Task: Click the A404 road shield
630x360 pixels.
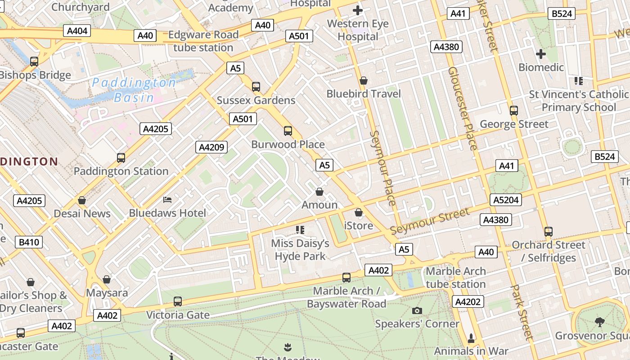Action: pos(77,31)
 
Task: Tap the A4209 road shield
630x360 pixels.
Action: pos(211,147)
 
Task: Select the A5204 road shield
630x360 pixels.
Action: pos(506,200)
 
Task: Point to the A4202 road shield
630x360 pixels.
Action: pos(468,301)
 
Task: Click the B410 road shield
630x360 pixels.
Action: pos(29,242)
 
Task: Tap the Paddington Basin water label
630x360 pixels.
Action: pos(134,90)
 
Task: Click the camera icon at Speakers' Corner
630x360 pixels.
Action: pos(417,310)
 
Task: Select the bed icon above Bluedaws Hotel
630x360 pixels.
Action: pos(167,199)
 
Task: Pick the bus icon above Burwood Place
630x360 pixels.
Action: pos(288,131)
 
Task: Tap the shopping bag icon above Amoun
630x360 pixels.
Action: pos(319,192)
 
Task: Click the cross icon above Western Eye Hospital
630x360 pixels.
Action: pos(358,10)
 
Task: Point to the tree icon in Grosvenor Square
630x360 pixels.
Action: pos(599,322)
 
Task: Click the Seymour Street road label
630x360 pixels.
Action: pos(430,221)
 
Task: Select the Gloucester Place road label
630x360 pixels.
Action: pos(463,108)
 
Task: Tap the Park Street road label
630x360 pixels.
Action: pos(522,312)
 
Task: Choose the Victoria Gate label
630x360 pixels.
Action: pos(178,315)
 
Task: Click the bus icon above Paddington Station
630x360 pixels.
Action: pos(121,158)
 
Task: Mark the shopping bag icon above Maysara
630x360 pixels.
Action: pos(107,279)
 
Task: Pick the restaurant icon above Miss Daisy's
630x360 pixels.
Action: pos(300,230)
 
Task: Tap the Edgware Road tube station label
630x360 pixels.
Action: pos(203,41)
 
